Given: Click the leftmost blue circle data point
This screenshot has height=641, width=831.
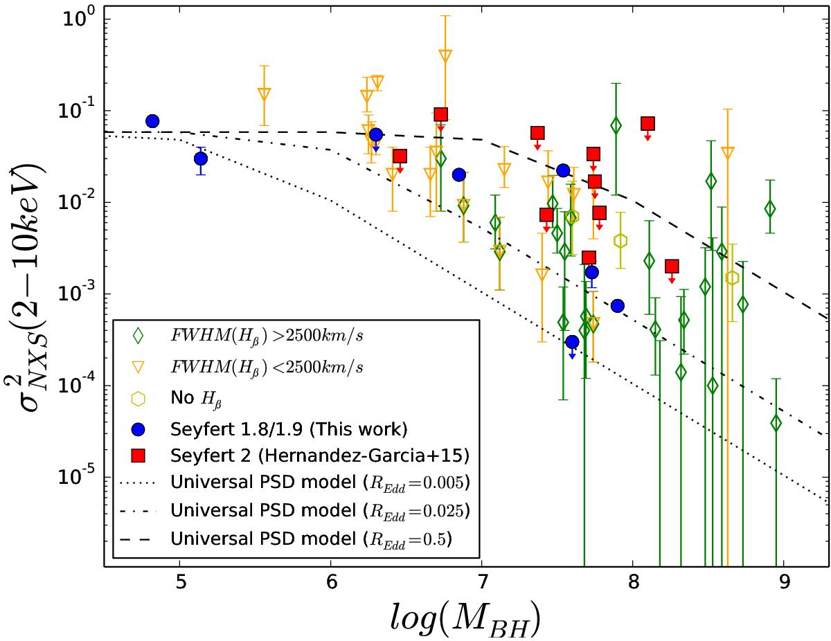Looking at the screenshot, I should tap(152, 121).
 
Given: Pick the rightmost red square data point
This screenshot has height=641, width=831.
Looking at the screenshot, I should tap(671, 266).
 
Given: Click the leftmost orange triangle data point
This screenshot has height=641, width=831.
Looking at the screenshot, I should tap(264, 94).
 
